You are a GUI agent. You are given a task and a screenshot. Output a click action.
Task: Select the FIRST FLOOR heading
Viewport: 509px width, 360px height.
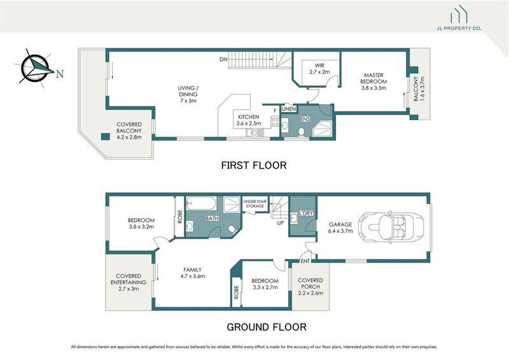(x=253, y=165)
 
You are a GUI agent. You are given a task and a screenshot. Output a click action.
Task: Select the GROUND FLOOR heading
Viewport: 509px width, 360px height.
(x=267, y=328)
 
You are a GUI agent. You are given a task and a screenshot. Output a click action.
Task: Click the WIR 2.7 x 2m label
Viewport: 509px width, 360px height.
(x=316, y=69)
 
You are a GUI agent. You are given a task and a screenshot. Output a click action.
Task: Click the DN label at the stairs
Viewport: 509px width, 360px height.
(x=223, y=60)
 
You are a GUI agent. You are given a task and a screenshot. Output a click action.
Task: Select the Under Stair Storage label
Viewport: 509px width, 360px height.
(x=255, y=204)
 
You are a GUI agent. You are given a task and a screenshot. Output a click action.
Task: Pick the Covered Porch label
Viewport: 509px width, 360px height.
(x=310, y=287)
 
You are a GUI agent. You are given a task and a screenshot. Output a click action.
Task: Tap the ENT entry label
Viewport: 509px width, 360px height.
(x=305, y=261)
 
